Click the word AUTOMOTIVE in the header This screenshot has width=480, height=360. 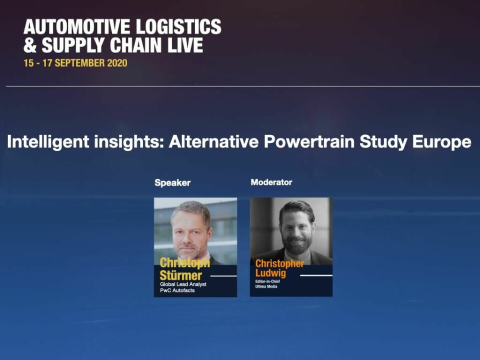click(x=77, y=26)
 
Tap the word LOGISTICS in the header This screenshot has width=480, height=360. click(x=178, y=26)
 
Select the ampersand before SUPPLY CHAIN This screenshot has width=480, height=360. click(x=30, y=45)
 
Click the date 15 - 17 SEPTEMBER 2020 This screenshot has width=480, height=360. click(x=75, y=63)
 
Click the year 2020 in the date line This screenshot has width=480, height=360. click(x=117, y=63)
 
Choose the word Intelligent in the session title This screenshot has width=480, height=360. click(x=48, y=142)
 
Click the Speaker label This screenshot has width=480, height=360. click(x=172, y=183)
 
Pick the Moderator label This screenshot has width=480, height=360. click(x=271, y=182)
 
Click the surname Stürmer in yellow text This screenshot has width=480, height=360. click(x=180, y=275)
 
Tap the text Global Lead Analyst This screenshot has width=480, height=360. click(x=183, y=284)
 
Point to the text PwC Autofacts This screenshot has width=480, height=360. click(x=177, y=290)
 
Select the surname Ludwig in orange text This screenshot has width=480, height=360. click(x=270, y=273)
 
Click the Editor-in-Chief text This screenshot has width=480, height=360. click(x=267, y=281)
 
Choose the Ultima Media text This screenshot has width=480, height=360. click(x=266, y=286)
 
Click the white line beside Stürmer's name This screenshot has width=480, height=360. click(x=224, y=276)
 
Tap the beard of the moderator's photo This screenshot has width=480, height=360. click(x=296, y=243)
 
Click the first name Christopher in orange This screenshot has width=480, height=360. click(x=280, y=263)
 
